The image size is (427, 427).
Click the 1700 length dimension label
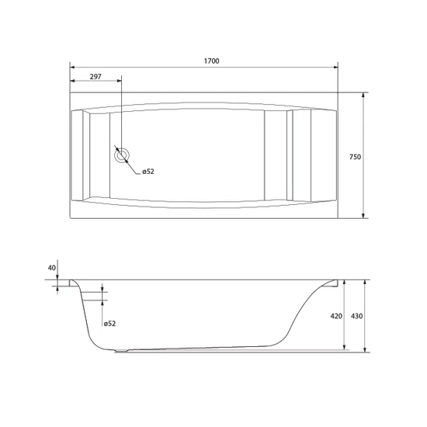pos(212,61)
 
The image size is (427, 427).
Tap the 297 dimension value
pos(95,77)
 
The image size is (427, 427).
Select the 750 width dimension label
pos(355,157)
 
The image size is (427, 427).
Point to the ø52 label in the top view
pos(148,172)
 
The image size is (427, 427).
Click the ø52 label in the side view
pos(109,324)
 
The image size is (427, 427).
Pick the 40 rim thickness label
pos(52,268)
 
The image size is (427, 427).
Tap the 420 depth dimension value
pos(336,316)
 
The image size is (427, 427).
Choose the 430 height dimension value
pos(357,316)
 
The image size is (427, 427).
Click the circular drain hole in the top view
pos(121,156)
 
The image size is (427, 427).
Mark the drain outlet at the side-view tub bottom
pos(121,351)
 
